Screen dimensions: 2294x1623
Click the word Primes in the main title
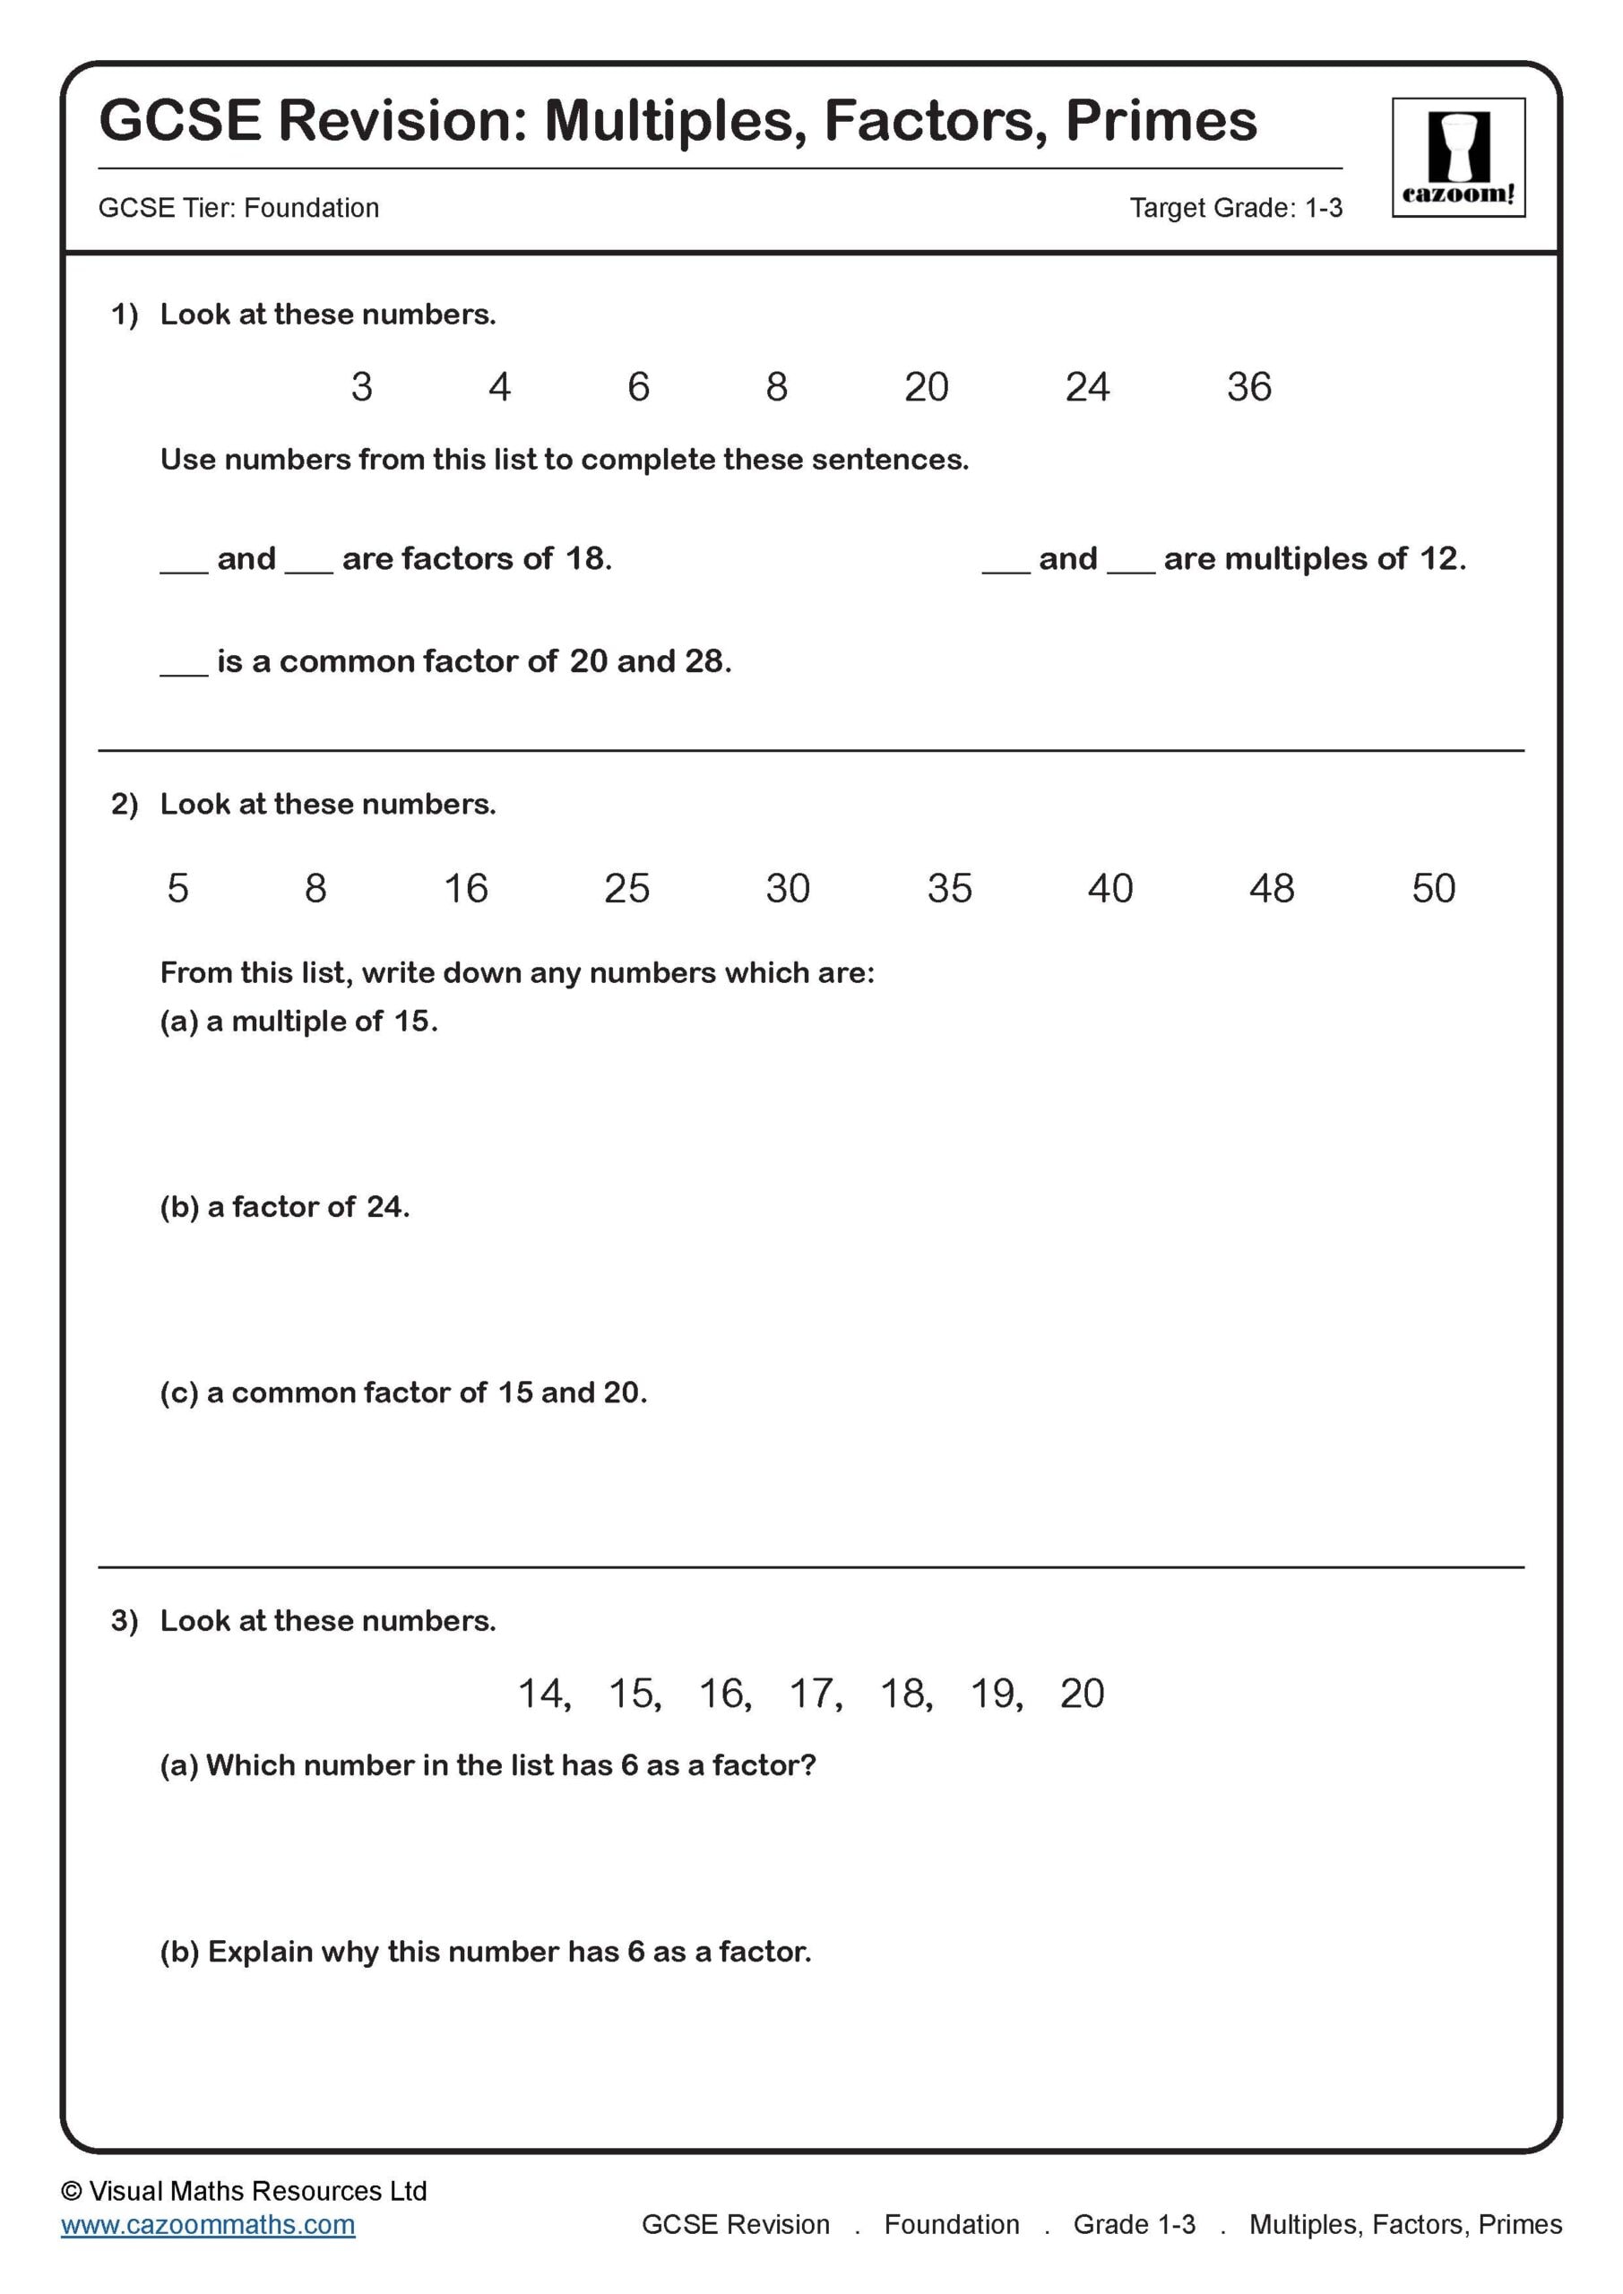pyautogui.click(x=1161, y=121)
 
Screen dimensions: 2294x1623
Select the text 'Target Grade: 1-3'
pyautogui.click(x=1235, y=208)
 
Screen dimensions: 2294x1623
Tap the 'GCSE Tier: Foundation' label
pyautogui.click(x=239, y=208)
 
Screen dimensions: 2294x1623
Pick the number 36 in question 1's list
pyautogui.click(x=1248, y=386)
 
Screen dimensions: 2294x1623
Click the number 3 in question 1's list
pyautogui.click(x=362, y=386)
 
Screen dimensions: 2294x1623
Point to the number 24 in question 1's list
pyautogui.click(x=1086, y=386)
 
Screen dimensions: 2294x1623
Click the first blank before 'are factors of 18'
pyautogui.click(x=184, y=565)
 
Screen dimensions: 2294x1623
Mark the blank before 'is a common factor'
pyautogui.click(x=184, y=668)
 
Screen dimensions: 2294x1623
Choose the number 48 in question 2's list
pyautogui.click(x=1270, y=888)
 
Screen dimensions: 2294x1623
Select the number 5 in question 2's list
pyautogui.click(x=177, y=888)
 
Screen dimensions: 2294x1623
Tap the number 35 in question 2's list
pyautogui.click(x=948, y=888)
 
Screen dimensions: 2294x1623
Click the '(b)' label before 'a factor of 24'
pyautogui.click(x=179, y=1207)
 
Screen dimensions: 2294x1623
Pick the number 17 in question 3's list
pyautogui.click(x=814, y=1694)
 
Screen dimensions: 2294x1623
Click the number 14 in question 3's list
pyautogui.click(x=541, y=1694)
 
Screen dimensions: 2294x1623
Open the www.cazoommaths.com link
pyautogui.click(x=208, y=2224)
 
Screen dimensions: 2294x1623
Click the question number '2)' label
pyautogui.click(x=125, y=805)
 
